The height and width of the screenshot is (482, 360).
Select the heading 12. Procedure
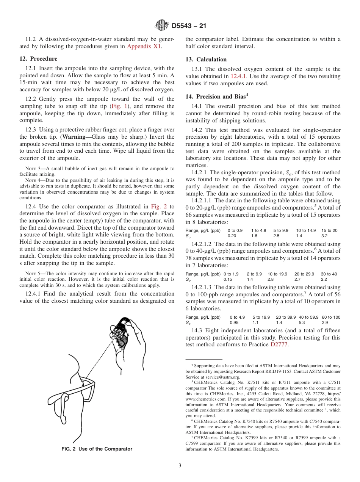click(38, 59)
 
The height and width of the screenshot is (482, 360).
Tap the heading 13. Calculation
click(206, 59)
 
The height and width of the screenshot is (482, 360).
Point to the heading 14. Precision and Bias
click(215, 96)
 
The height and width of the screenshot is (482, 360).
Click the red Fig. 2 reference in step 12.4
click(157, 207)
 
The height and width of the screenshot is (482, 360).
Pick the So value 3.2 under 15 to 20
click(324, 236)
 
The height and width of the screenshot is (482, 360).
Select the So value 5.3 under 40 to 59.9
click(302, 322)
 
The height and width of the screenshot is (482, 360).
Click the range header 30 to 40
click(329, 274)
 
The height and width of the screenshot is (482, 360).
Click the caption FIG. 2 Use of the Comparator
click(97, 449)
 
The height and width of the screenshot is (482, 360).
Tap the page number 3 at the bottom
click(180, 466)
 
